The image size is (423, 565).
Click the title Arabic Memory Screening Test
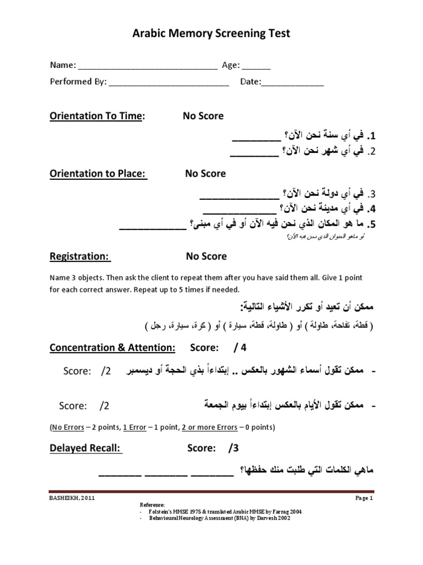[x=211, y=34]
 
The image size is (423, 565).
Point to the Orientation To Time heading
[x=97, y=116]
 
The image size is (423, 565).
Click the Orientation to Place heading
[x=98, y=173]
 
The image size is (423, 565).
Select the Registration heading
[x=80, y=256]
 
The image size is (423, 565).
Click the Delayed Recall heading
[x=86, y=448]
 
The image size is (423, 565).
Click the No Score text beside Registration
[x=206, y=256]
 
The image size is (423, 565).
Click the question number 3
[x=372, y=194]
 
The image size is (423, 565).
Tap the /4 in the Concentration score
[x=240, y=348]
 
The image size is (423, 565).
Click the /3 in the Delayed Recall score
[x=233, y=448]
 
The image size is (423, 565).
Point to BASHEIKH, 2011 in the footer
[x=69, y=498]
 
